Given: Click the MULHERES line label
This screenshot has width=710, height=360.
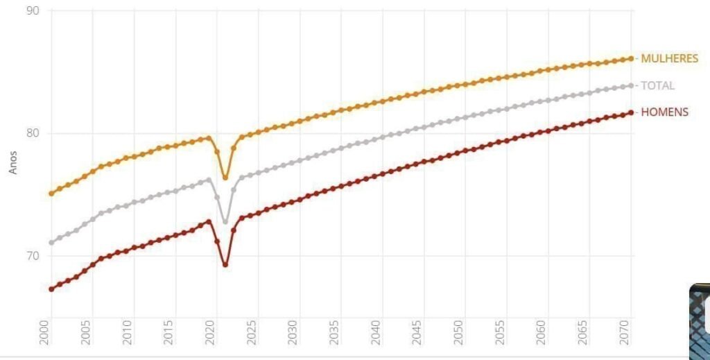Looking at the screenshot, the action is pos(669,58).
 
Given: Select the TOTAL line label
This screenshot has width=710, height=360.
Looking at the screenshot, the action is pos(657,85).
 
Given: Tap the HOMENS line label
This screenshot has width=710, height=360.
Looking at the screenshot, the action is pos(665,112).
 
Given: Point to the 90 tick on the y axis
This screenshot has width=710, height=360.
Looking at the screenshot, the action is pos(33,10).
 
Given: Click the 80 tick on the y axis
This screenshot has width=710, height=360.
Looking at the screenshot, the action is pos(33,133).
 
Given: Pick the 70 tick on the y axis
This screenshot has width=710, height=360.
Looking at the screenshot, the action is pos(33,257).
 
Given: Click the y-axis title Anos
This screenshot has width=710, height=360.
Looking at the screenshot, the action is pos(12,162).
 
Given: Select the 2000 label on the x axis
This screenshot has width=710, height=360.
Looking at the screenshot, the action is pos(44,333).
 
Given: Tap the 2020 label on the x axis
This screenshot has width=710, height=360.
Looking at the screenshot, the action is pos(209,333).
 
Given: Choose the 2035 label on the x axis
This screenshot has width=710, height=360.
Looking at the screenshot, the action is pos(334,333).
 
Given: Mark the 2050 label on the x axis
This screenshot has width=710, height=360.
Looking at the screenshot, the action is pos(458,333).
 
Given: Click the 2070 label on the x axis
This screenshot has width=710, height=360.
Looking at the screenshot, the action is pos(625,333).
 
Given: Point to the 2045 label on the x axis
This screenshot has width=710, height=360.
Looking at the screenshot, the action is pos(417,333).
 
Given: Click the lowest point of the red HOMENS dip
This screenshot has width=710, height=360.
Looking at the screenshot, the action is pos(225,264).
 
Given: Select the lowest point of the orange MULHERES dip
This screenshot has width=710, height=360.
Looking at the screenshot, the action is pos(225,178).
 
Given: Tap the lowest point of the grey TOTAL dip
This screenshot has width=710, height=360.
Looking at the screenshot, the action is pos(225,221).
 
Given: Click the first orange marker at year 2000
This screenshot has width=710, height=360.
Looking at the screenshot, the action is pos(51,194).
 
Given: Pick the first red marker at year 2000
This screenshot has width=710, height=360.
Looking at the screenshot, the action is pos(51,289).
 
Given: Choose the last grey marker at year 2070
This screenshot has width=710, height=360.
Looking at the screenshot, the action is pos(631,85).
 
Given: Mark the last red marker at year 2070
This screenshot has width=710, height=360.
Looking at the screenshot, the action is pos(631,112).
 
